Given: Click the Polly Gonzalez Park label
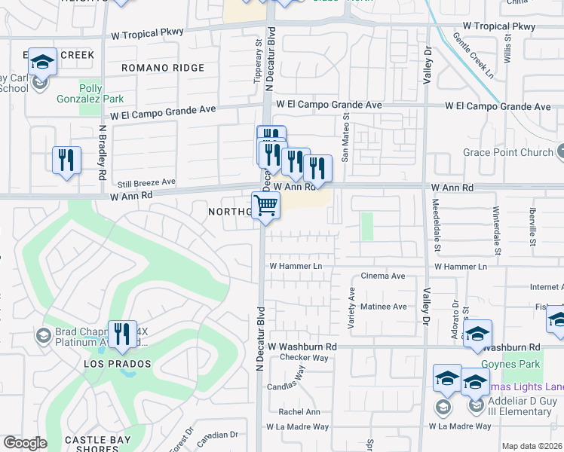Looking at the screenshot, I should (90, 93).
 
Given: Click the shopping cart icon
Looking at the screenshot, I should (265, 205).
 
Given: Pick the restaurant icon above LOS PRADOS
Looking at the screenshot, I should (122, 335).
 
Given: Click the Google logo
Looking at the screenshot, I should (25, 443).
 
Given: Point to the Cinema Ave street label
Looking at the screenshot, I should (383, 276).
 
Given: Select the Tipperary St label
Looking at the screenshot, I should (257, 56).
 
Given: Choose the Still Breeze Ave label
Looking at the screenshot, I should (146, 182).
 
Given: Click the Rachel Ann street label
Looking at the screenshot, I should (299, 412).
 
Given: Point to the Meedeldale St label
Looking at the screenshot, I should (436, 226).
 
